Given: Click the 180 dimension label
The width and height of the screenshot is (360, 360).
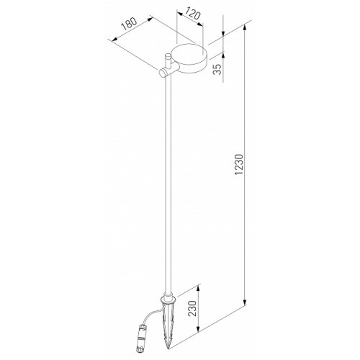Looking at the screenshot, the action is (x=129, y=24).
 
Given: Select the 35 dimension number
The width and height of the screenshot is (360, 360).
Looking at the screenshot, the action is (x=217, y=69).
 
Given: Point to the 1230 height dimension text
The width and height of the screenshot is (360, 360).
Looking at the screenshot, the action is (x=239, y=164).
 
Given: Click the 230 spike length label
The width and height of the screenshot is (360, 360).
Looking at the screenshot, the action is (x=192, y=308).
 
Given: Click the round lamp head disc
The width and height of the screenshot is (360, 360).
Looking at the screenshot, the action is (x=189, y=58).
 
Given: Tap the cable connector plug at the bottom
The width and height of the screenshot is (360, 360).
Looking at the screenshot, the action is (x=141, y=340).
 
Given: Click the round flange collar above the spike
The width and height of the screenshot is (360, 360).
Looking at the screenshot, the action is (x=168, y=299).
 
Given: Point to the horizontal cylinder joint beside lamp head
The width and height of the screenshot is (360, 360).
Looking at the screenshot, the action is (x=168, y=71).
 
